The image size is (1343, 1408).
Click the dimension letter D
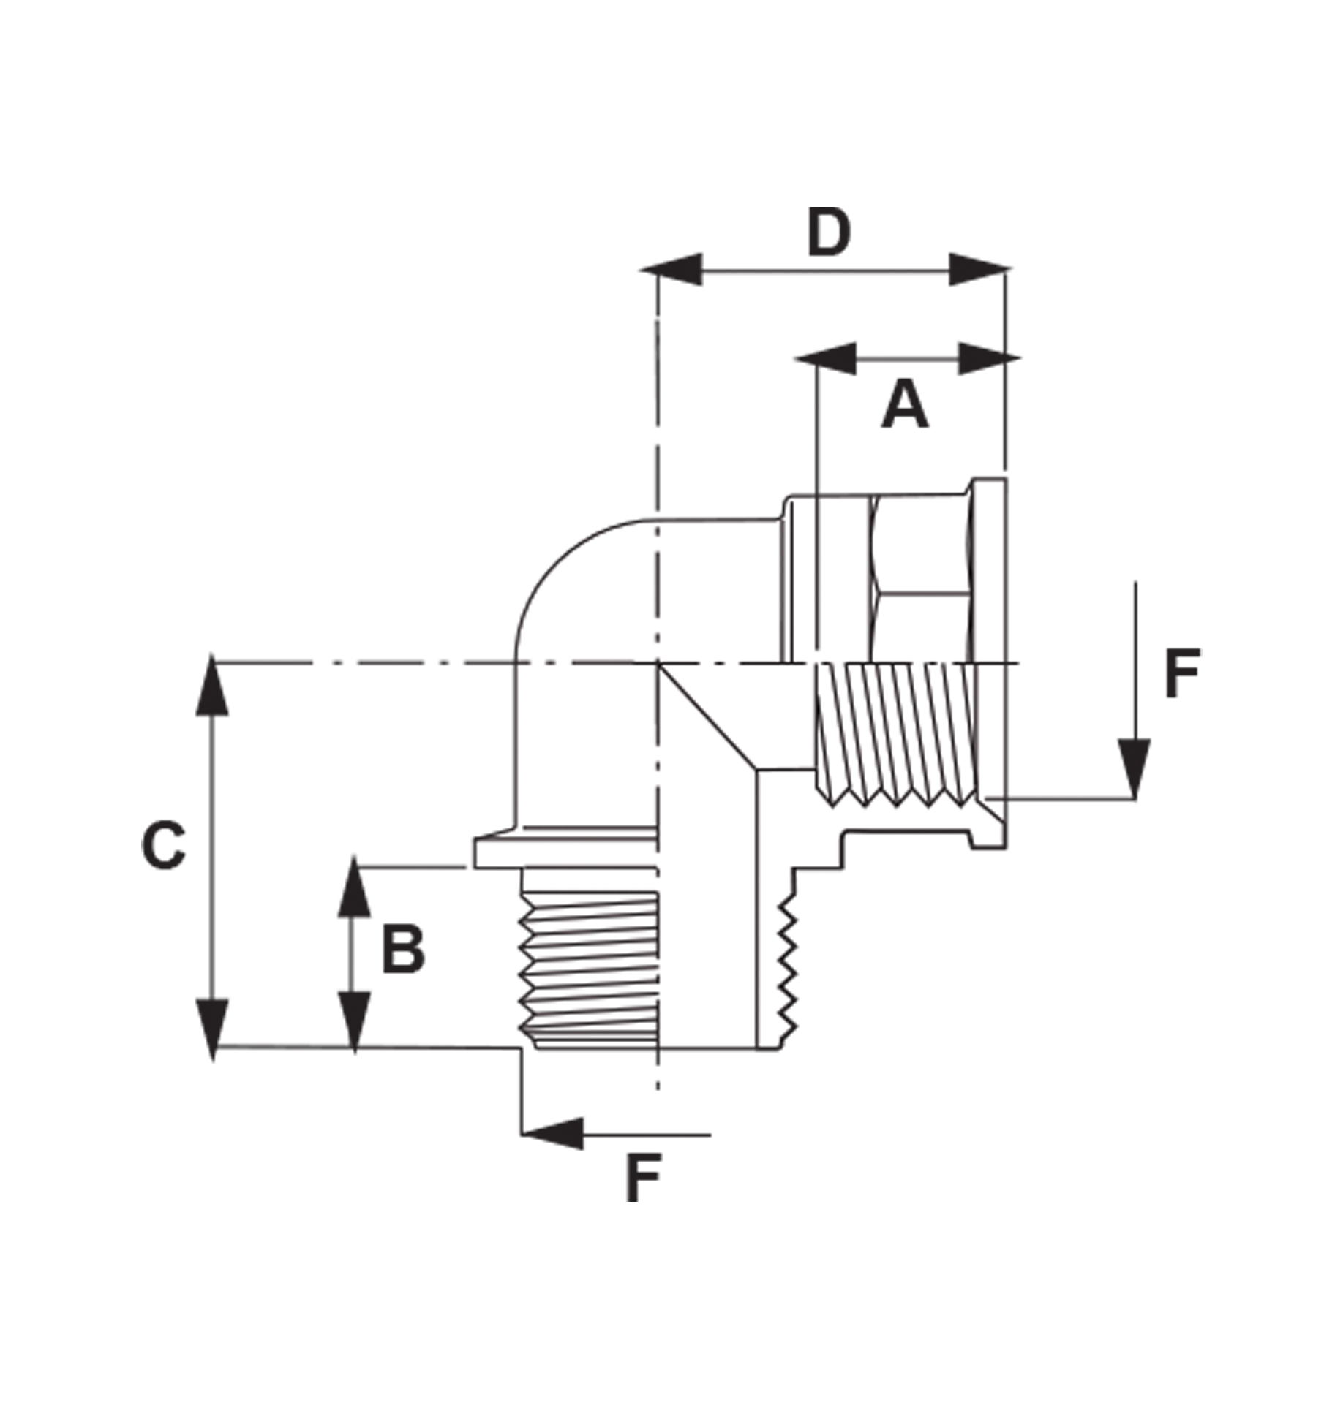click(x=829, y=232)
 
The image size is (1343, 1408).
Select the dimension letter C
click(x=163, y=845)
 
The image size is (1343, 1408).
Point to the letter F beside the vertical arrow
click(x=1182, y=673)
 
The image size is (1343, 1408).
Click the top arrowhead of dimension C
click(x=212, y=687)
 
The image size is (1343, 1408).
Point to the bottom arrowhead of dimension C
click(x=212, y=1028)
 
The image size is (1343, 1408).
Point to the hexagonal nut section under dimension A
click(x=920, y=578)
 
